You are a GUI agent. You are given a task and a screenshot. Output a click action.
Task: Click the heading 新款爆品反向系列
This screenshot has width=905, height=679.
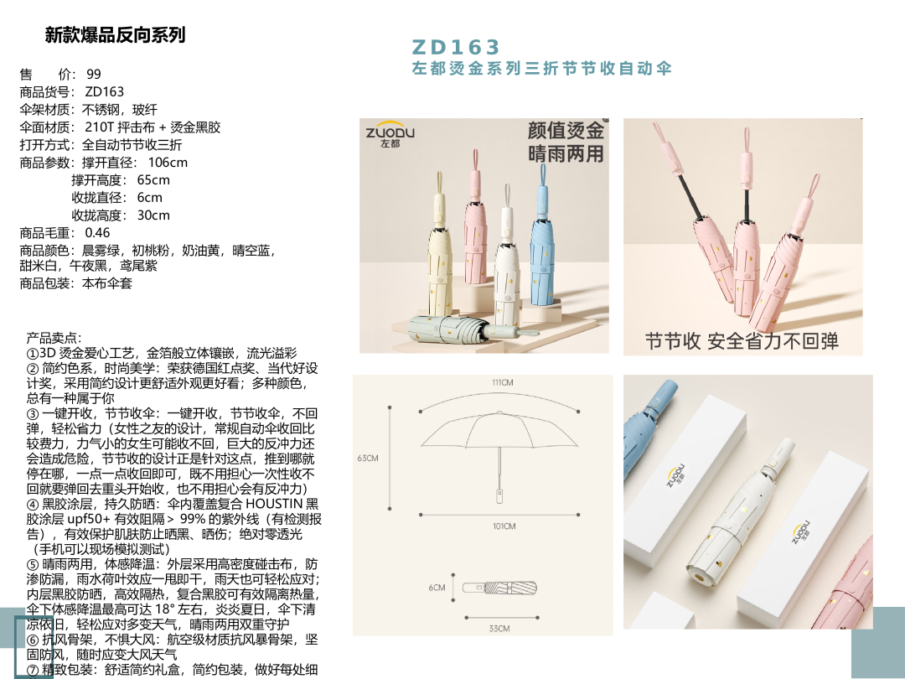click(x=116, y=35)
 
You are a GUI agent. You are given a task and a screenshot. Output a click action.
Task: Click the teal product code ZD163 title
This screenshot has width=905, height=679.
click(x=455, y=47)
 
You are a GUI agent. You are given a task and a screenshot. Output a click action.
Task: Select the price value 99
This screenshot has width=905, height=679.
click(x=94, y=74)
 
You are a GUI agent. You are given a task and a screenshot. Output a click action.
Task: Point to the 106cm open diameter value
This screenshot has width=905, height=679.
click(x=168, y=163)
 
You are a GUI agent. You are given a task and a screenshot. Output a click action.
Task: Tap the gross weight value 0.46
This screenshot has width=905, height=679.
click(x=97, y=233)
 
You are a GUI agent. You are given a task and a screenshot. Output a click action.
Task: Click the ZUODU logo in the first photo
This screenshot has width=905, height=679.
click(x=390, y=135)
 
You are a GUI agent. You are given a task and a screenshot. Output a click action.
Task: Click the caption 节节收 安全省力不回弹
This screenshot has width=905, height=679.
click(x=742, y=340)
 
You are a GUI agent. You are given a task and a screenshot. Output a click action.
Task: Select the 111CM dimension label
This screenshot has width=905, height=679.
click(x=503, y=382)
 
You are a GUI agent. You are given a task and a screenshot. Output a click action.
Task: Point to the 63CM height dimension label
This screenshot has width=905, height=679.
click(x=368, y=458)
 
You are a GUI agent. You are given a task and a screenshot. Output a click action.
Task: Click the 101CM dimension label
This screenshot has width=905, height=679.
click(x=504, y=526)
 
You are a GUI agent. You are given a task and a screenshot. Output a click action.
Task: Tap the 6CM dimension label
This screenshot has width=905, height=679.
click(x=437, y=587)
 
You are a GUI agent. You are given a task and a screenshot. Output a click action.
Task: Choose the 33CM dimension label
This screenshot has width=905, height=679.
click(x=499, y=628)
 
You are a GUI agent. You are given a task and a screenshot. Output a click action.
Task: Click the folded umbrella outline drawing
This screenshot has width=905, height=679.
click(x=499, y=588)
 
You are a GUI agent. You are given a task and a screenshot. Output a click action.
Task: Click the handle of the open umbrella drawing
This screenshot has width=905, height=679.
click(x=499, y=495)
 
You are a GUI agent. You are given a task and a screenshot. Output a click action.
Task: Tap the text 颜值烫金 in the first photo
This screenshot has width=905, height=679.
click(x=566, y=130)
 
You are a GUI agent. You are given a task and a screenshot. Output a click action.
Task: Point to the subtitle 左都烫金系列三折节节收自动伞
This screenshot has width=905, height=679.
click(x=541, y=69)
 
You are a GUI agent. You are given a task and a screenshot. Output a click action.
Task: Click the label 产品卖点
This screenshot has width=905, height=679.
click(x=54, y=338)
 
